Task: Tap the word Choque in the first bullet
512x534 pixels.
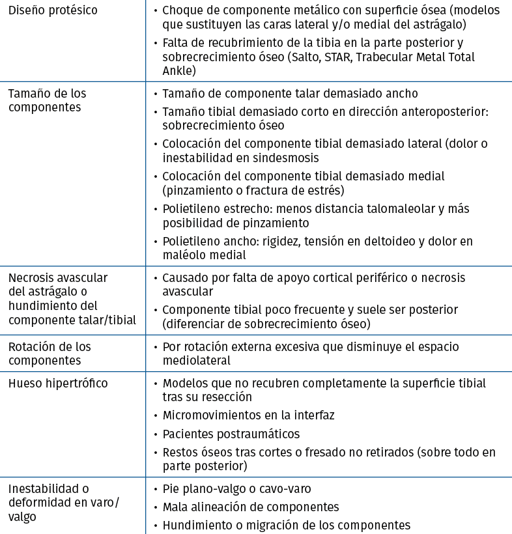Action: pos(182,11)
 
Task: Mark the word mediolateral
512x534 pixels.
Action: pos(197,360)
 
